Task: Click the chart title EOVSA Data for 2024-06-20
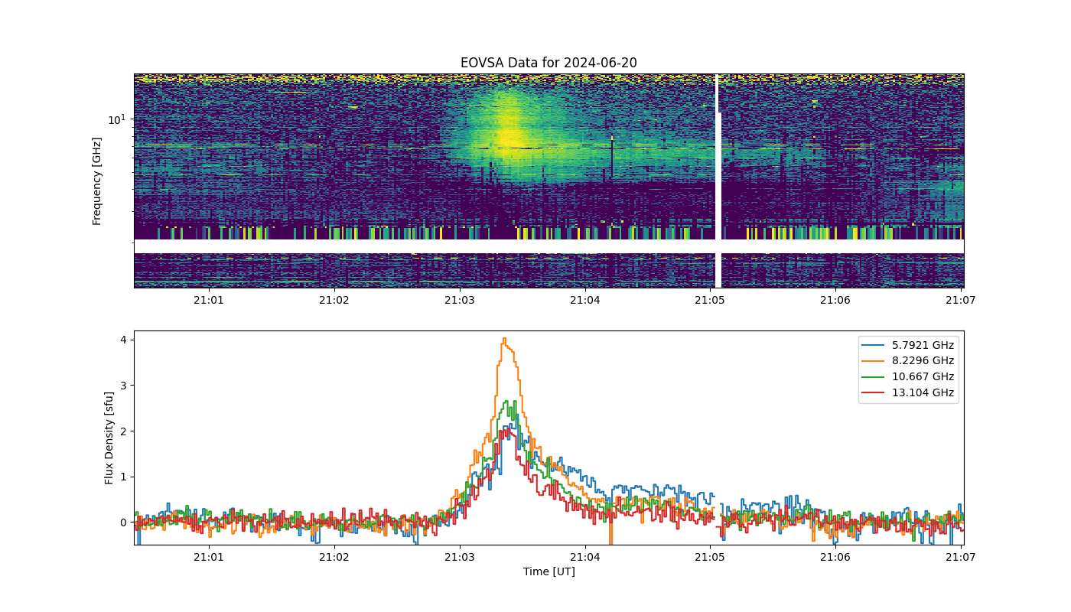pyautogui.click(x=549, y=63)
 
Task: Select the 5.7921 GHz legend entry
pyautogui.click(x=907, y=345)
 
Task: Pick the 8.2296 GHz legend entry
pyautogui.click(x=907, y=360)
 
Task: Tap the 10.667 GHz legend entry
pyautogui.click(x=907, y=376)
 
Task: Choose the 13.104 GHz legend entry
pyautogui.click(x=907, y=392)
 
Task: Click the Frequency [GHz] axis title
pyautogui.click(x=96, y=181)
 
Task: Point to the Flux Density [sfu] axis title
pyautogui.click(x=109, y=438)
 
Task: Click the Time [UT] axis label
pyautogui.click(x=549, y=571)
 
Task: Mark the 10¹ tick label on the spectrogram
pyautogui.click(x=116, y=119)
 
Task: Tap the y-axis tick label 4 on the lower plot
pyautogui.click(x=123, y=340)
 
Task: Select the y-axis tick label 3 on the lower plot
pyautogui.click(x=123, y=386)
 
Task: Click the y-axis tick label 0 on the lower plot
pyautogui.click(x=123, y=522)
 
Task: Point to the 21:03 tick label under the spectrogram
pyautogui.click(x=460, y=300)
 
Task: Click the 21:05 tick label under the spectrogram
pyautogui.click(x=710, y=300)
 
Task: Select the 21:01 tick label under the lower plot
pyautogui.click(x=208, y=557)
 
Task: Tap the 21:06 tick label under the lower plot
pyautogui.click(x=835, y=557)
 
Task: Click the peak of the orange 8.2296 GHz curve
pyautogui.click(x=504, y=338)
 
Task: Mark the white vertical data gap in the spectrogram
pyautogui.click(x=718, y=181)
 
